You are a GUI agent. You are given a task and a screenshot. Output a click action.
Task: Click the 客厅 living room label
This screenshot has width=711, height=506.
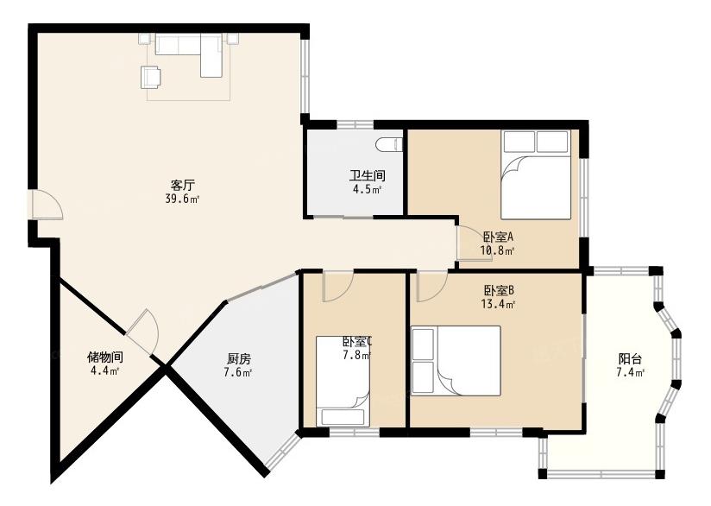pos(183,185)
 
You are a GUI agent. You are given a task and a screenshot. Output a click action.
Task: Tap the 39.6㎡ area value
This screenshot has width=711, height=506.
pos(183,199)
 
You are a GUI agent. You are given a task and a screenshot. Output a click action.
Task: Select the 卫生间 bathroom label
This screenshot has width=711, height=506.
pos(368,175)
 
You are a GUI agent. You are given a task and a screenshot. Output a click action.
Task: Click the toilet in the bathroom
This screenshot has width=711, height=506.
pos(389,144)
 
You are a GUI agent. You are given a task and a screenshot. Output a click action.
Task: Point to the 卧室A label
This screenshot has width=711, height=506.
pos(498,237)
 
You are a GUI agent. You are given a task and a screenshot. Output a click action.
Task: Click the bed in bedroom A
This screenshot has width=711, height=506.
pos(536,175)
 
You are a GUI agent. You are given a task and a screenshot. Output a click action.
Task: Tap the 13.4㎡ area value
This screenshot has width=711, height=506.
pos(498,304)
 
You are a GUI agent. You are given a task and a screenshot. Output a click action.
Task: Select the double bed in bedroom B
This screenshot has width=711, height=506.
pos(456,361)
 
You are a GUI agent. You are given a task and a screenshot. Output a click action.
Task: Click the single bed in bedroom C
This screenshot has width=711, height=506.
pos(343,381)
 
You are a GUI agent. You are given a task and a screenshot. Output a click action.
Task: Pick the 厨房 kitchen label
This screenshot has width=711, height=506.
pos(238,359)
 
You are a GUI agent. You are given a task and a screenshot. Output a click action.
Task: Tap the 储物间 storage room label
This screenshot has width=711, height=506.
pos(104,357)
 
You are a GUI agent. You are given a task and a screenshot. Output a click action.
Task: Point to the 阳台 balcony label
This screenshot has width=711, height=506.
pos(630,359)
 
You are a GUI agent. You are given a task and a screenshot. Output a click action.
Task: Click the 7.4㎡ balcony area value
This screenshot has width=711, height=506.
pos(630,373)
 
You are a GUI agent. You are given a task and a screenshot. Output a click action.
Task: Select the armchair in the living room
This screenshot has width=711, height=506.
pos(151,77)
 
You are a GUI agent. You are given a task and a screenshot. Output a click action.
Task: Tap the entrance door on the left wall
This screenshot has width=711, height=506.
pos(47,206)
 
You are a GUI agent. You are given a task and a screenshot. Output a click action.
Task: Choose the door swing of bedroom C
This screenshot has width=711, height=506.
pos(337,286)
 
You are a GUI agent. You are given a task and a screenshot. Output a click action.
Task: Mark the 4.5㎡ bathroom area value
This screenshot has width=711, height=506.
pos(368,190)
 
